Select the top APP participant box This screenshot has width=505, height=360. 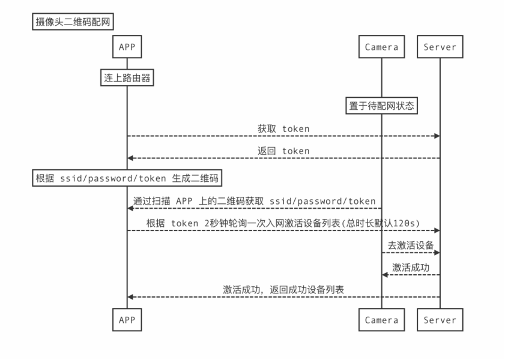pyautogui.click(x=127, y=47)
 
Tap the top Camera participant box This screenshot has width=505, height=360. pyautogui.click(x=381, y=47)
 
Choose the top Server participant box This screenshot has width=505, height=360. pyautogui.click(x=440, y=47)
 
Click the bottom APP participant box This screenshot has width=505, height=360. pyautogui.click(x=127, y=320)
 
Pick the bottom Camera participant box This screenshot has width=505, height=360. pyautogui.click(x=381, y=320)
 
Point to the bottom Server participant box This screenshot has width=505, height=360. pyautogui.click(x=440, y=320)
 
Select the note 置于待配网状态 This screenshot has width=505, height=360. pyautogui.click(x=381, y=106)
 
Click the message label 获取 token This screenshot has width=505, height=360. pyautogui.click(x=283, y=128)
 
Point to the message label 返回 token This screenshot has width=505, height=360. pyautogui.click(x=283, y=151)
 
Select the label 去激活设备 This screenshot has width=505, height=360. pyautogui.click(x=411, y=245)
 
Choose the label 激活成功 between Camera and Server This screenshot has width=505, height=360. pyautogui.click(x=411, y=268)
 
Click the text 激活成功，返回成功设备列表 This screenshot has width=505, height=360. pyautogui.click(x=283, y=290)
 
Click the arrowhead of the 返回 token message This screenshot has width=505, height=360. pyautogui.click(x=130, y=158)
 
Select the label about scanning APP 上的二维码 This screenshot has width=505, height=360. pyautogui.click(x=255, y=201)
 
